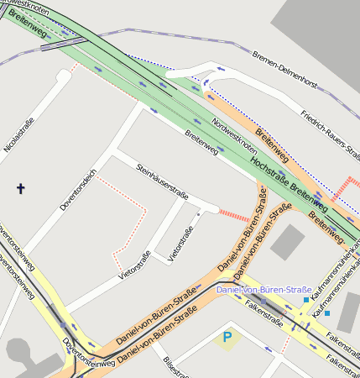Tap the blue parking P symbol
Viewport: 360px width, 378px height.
coord(226,339)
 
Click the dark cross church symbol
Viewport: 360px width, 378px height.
coord(20,189)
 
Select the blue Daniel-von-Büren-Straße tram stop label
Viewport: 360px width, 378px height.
coord(263,290)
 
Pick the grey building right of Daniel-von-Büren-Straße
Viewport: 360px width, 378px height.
coord(288,242)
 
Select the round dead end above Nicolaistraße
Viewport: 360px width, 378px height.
coord(63,76)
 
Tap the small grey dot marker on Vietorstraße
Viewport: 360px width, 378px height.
coord(198,214)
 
